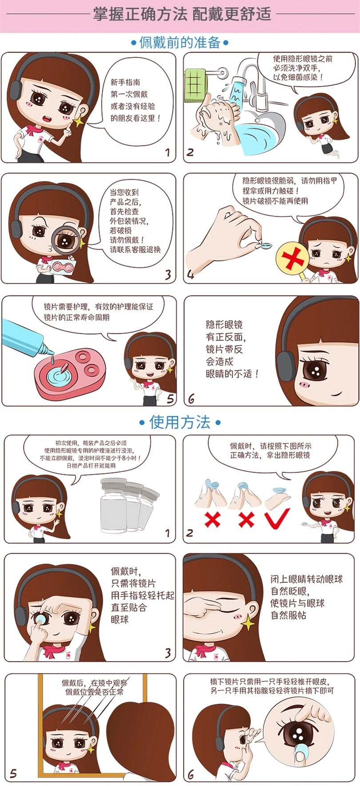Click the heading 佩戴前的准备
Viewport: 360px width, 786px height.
click(x=180, y=43)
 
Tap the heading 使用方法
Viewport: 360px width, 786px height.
click(x=180, y=422)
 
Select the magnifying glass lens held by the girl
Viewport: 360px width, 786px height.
click(x=65, y=240)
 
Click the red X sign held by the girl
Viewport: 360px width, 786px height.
click(x=292, y=259)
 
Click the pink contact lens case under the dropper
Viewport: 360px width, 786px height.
click(x=69, y=372)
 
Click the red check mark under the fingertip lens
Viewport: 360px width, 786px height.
click(x=277, y=518)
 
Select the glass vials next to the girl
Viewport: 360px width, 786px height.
click(x=129, y=504)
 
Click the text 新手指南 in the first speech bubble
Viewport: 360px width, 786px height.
click(x=125, y=83)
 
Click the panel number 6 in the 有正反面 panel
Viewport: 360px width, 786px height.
click(x=191, y=398)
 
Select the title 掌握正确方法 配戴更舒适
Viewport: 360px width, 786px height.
click(x=182, y=14)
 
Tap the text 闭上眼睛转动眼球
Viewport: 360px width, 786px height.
click(x=307, y=579)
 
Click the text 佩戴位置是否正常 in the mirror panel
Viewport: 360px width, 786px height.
click(x=95, y=692)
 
